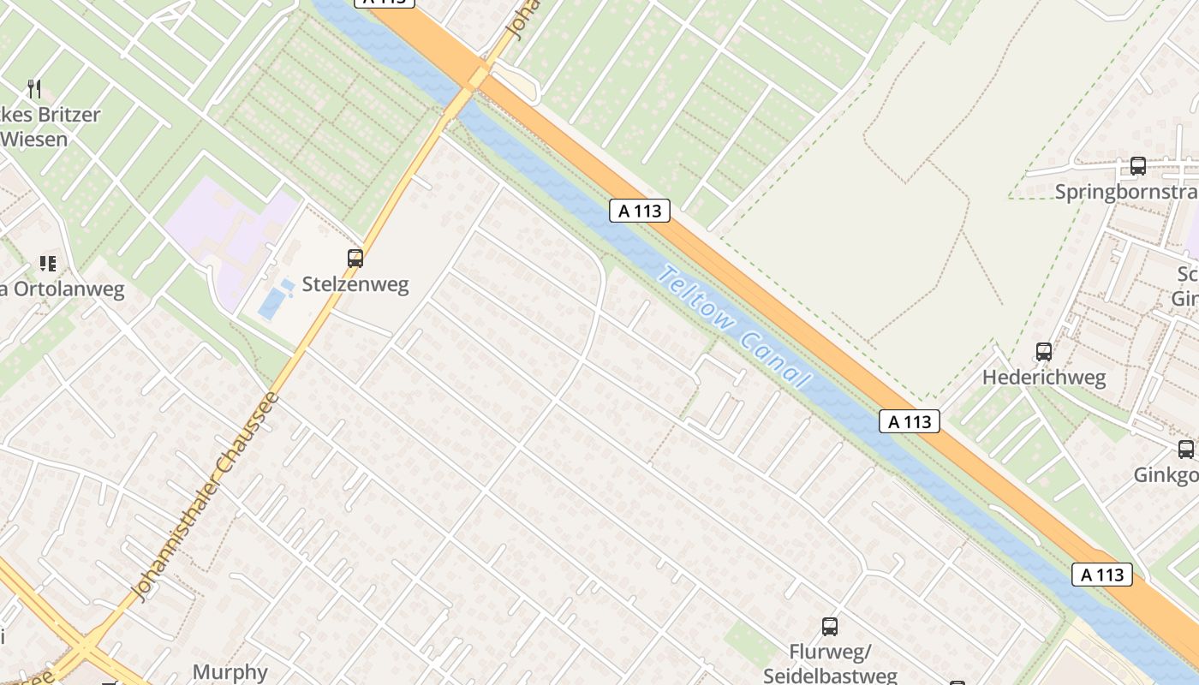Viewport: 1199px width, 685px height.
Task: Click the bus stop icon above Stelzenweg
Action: pos(355,258)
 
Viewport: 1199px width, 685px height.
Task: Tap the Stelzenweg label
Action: pos(355,284)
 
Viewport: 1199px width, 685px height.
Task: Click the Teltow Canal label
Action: pos(733,326)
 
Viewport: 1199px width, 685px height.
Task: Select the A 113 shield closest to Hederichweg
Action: pos(909,421)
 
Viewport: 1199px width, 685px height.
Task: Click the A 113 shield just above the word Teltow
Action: pos(639,211)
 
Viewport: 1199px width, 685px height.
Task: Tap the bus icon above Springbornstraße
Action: pos(1137,166)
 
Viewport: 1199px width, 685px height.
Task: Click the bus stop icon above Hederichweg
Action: pos(1043,351)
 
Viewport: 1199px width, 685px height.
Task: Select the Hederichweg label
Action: pos(1044,378)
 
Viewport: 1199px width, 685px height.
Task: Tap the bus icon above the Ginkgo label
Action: pos(1185,449)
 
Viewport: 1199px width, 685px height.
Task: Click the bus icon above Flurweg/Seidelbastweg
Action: pos(829,626)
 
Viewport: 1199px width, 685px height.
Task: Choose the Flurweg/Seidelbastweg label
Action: pos(830,664)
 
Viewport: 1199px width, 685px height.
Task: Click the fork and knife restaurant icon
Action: pos(34,88)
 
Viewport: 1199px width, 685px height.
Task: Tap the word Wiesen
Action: pos(34,138)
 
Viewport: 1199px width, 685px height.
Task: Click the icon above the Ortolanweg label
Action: pos(48,264)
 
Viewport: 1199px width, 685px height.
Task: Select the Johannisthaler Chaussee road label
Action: pos(206,497)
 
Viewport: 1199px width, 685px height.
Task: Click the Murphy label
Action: pos(230,672)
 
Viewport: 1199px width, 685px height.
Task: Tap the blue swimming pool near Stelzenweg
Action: pos(272,302)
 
